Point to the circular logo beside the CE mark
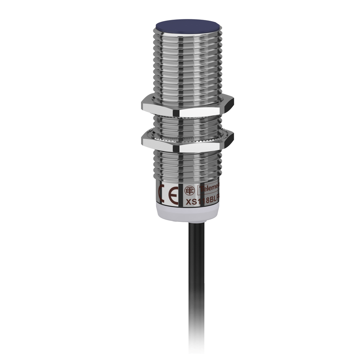click(189, 190)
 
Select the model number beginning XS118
click(204, 201)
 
